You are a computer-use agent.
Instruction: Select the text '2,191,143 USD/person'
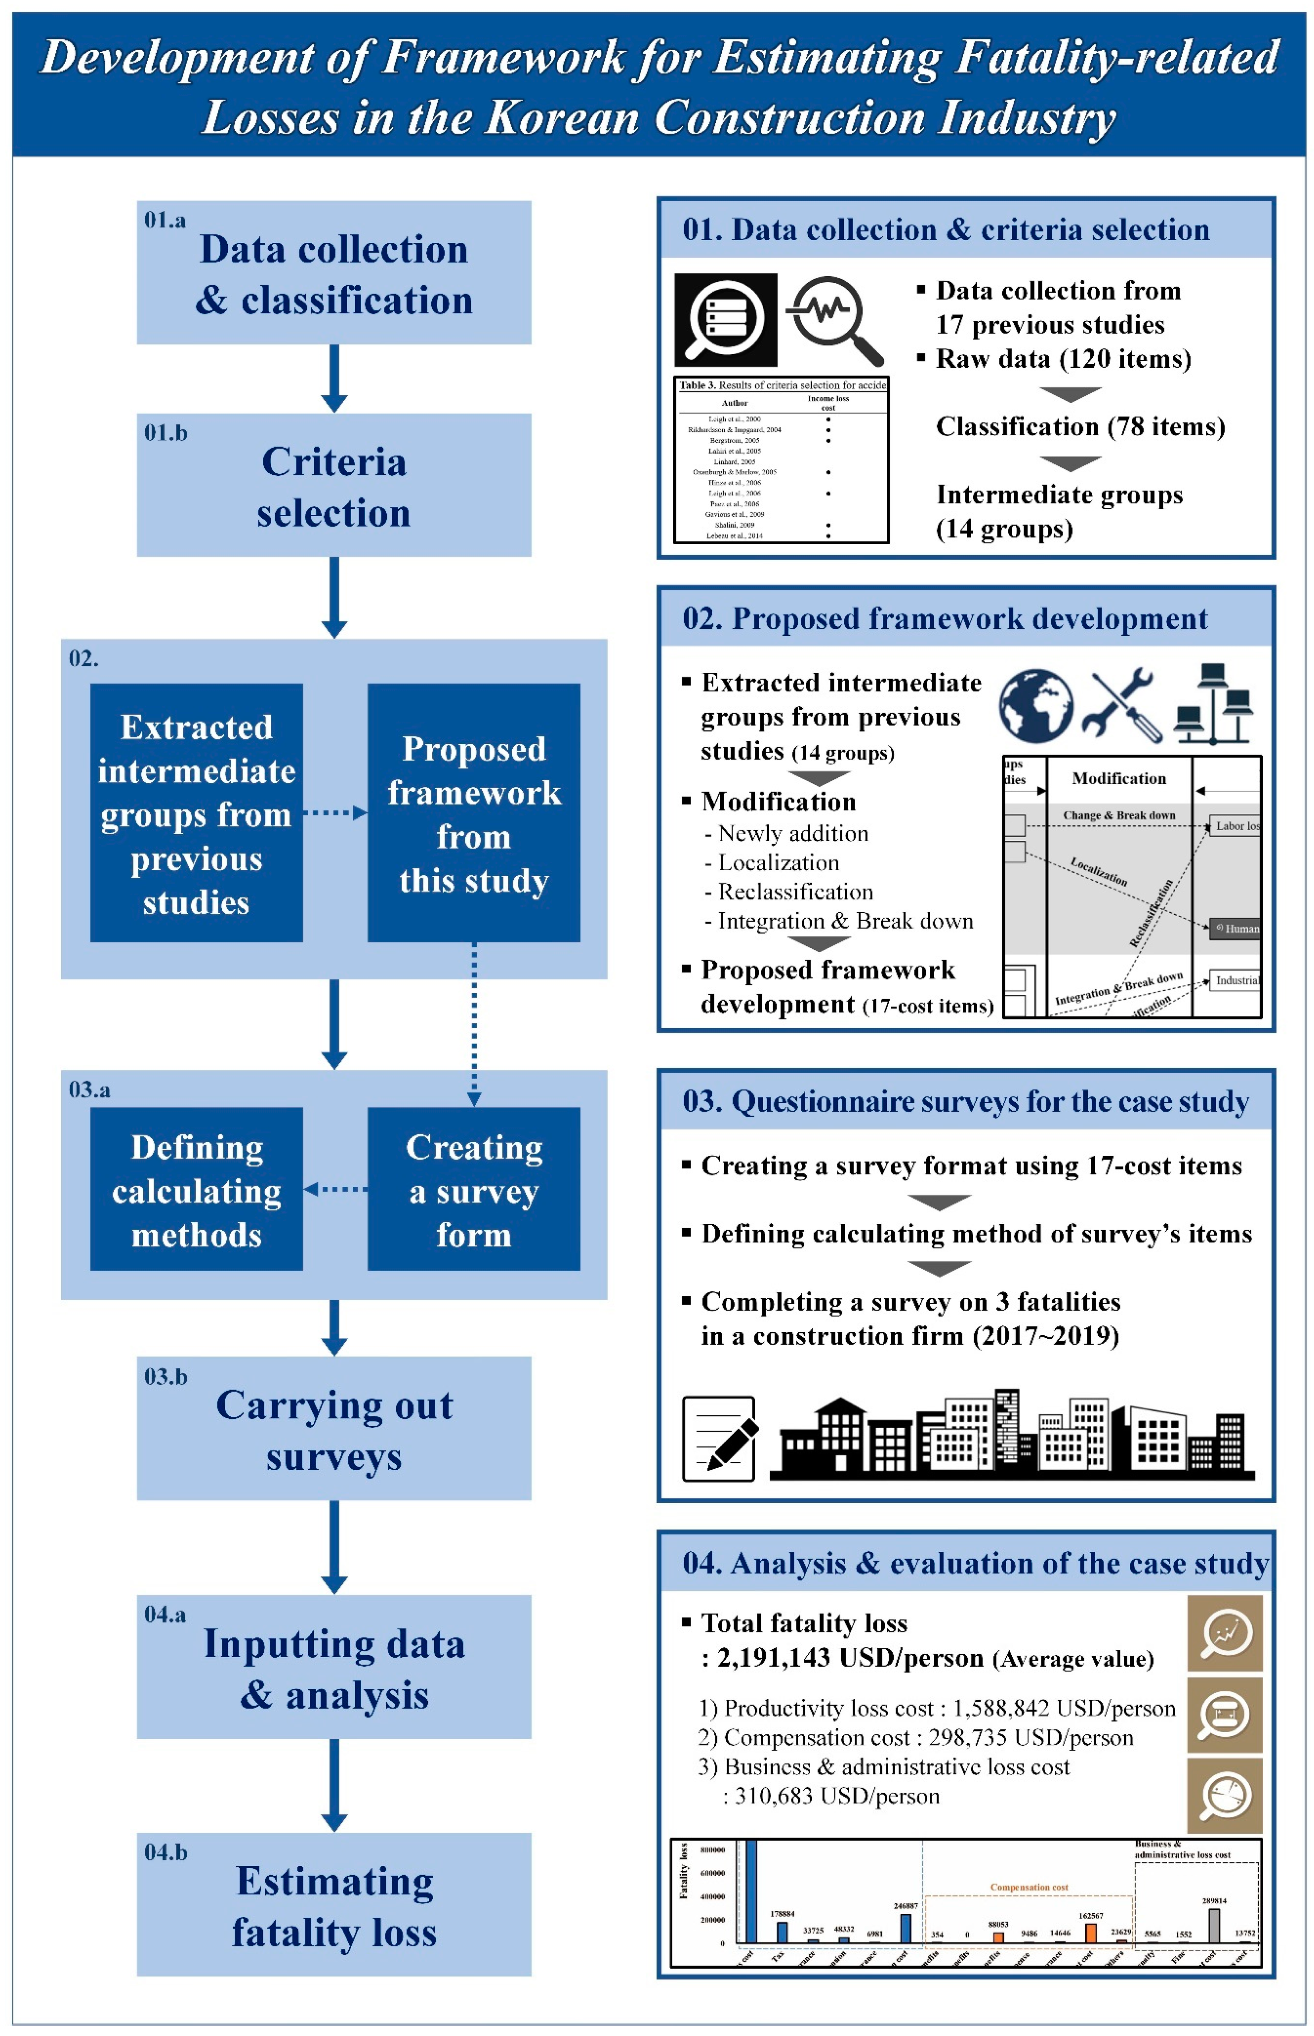click(x=850, y=1657)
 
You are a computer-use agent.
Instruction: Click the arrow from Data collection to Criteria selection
click(x=334, y=378)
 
